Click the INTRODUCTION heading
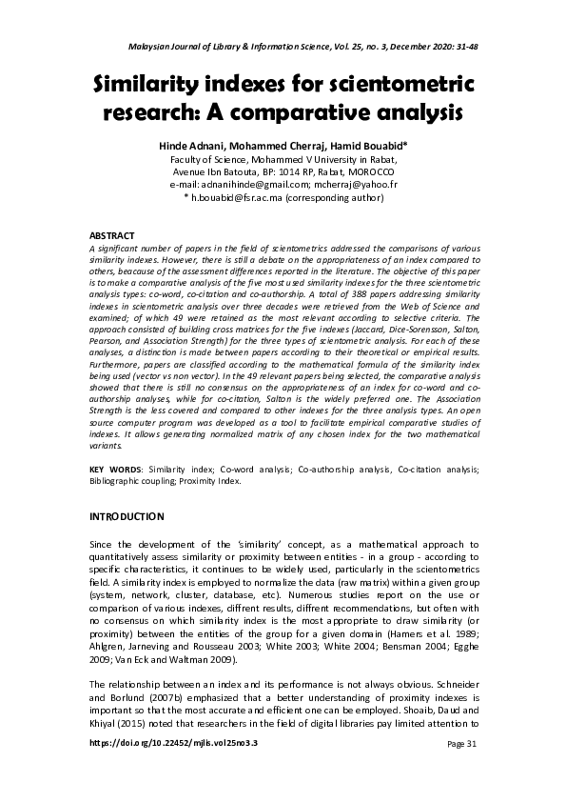point(127,516)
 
